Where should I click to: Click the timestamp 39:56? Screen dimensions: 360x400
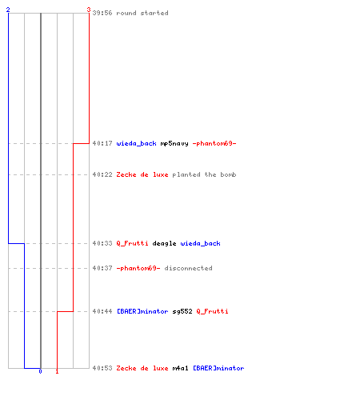coord(102,13)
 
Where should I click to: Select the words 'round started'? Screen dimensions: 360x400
coord(142,13)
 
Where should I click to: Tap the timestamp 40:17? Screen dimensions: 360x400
coord(102,143)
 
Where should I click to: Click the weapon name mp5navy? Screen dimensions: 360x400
coord(174,144)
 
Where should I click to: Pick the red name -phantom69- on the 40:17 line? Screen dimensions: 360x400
coord(214,143)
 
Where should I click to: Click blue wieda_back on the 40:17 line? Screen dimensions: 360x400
coord(136,143)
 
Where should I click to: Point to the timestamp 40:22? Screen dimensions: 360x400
coord(102,174)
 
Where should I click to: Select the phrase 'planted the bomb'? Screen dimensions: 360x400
coord(204,174)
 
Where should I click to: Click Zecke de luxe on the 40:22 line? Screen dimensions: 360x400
coord(142,174)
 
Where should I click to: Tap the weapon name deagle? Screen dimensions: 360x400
coord(164,243)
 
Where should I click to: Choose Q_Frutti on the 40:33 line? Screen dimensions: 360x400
coord(132,243)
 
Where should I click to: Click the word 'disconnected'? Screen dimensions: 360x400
coord(188,268)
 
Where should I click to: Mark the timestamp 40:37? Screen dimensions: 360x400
coord(102,268)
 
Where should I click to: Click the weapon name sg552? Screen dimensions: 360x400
coord(182,311)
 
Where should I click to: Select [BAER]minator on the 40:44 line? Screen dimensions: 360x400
coord(142,311)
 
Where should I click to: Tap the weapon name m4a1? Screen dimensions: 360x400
coord(180,368)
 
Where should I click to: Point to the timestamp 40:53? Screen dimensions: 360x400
coord(102,368)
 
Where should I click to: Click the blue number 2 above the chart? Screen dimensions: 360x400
coord(8,10)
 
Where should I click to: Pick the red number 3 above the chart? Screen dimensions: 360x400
coord(89,10)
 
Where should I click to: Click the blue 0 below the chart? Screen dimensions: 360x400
coord(40,371)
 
